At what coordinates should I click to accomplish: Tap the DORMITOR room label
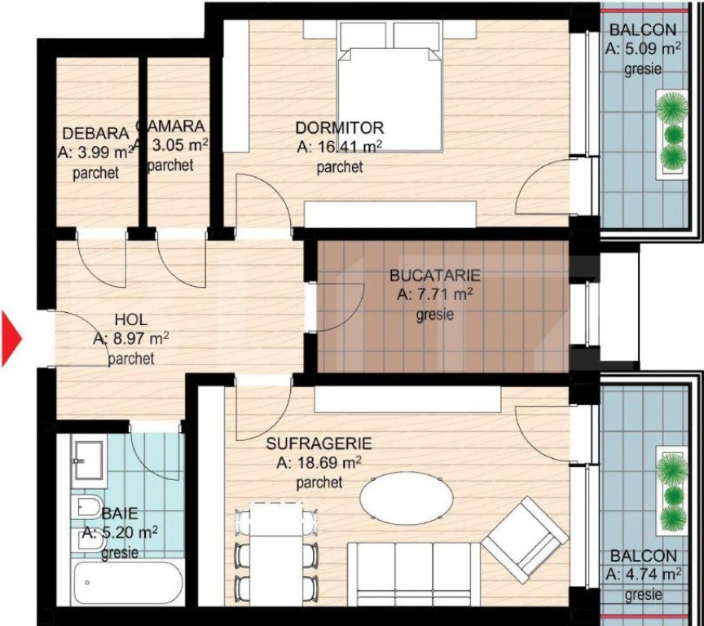pos(339,128)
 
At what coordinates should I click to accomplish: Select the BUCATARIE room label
pos(434,276)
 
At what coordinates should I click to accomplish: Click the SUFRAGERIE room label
pos(319,444)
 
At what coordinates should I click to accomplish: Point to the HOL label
pos(131,320)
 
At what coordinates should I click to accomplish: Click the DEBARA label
pos(95,134)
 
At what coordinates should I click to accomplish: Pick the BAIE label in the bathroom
pos(120,514)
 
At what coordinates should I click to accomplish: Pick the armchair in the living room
pos(526,539)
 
